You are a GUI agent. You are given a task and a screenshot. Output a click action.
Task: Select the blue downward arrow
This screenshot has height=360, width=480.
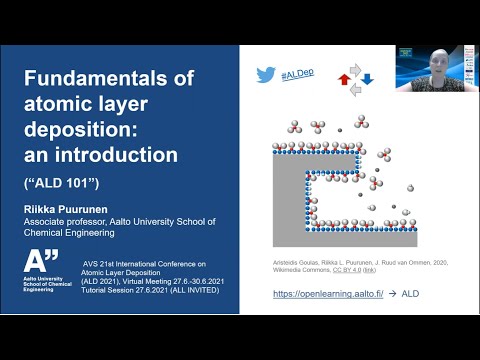coord(367,78)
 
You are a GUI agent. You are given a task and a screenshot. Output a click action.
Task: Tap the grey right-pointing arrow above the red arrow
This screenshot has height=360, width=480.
coord(354,67)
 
